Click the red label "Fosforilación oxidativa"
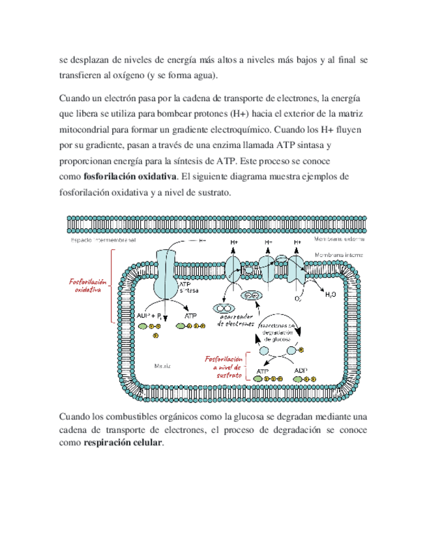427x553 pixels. [88, 285]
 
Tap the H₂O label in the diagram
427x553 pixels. [332, 295]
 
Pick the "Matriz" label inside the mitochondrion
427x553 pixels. [162, 366]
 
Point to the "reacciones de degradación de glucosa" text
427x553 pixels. [278, 332]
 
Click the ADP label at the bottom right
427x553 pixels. [301, 370]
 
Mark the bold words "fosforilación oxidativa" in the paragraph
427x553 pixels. [130, 177]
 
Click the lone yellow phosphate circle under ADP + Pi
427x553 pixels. [155, 335]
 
